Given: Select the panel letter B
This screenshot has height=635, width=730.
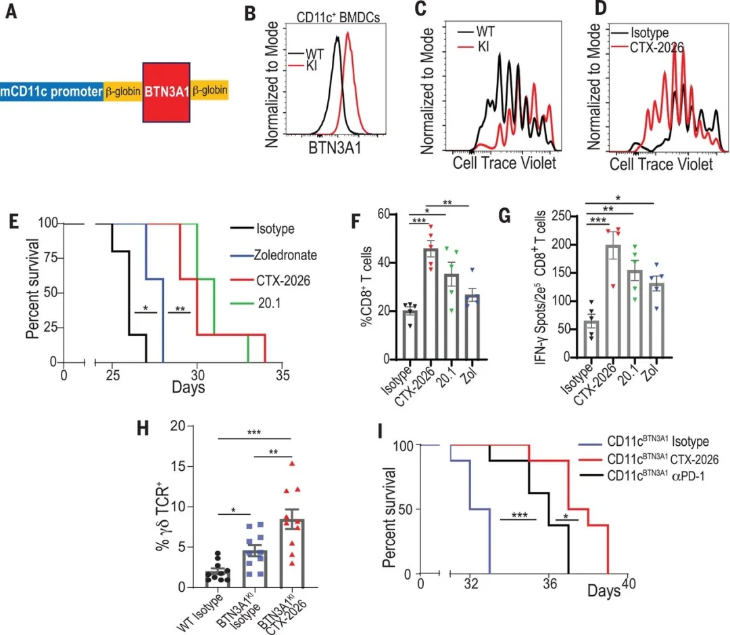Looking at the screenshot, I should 251,13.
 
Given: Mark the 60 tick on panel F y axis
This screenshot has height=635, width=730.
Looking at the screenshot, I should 383,214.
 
